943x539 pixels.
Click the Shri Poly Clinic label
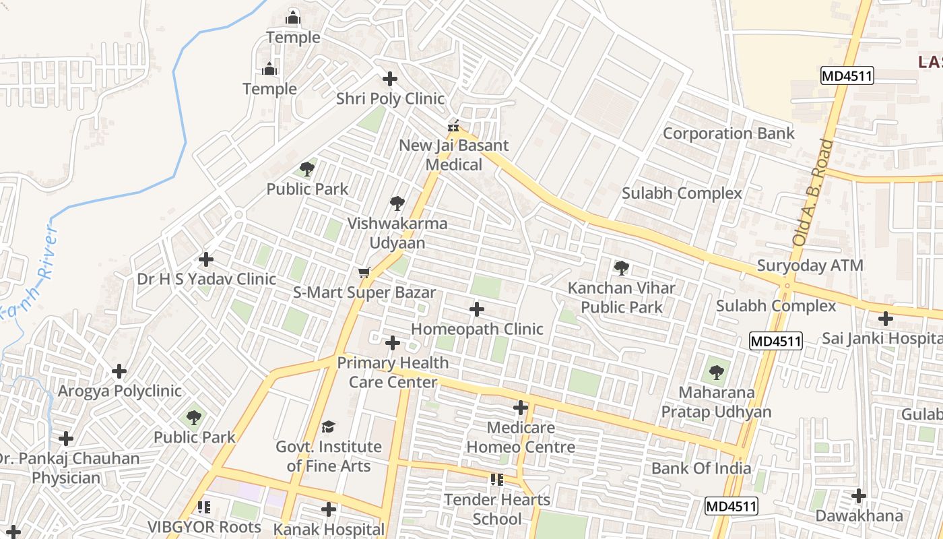tap(390, 99)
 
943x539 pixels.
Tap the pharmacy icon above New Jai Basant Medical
tap(455, 126)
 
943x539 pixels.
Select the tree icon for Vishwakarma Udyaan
tap(397, 203)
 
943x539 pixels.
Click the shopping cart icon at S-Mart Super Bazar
tap(364, 273)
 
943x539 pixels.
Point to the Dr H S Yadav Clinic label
tap(206, 279)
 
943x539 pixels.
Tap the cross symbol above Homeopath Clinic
tap(477, 309)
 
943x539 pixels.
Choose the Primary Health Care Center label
tap(393, 373)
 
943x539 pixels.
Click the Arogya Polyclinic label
tap(119, 391)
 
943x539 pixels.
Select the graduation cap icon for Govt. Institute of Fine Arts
tap(328, 426)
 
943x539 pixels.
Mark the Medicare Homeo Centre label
tap(521, 437)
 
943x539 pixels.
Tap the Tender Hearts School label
tap(497, 509)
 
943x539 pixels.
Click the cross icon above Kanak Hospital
tap(329, 509)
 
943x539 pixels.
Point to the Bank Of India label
tap(701, 468)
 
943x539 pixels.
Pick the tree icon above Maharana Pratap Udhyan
tap(716, 372)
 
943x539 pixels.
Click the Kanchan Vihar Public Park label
tap(621, 298)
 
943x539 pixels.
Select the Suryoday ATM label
tap(810, 265)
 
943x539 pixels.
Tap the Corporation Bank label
tap(729, 133)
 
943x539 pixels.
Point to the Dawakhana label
tap(859, 516)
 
